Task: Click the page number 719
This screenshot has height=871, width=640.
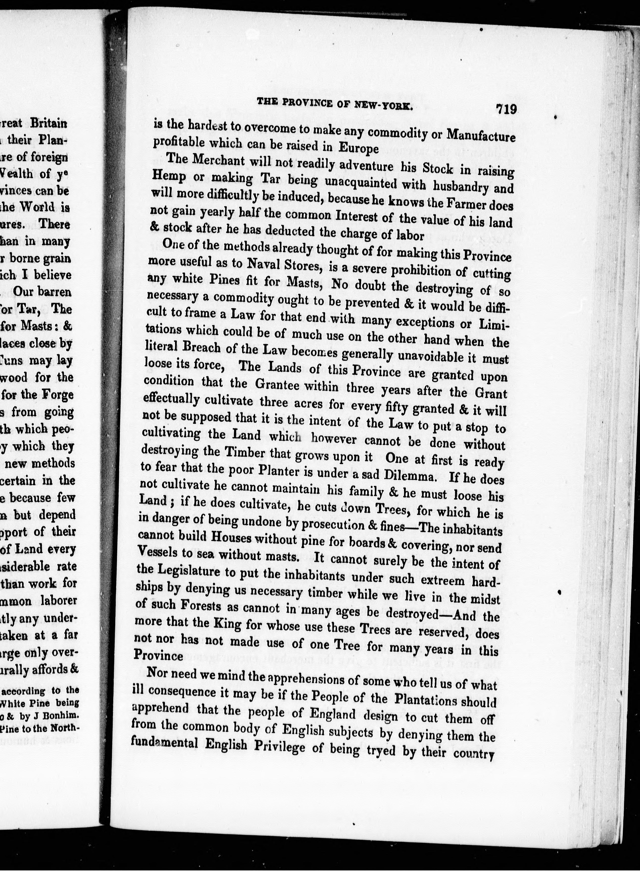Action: [506, 109]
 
